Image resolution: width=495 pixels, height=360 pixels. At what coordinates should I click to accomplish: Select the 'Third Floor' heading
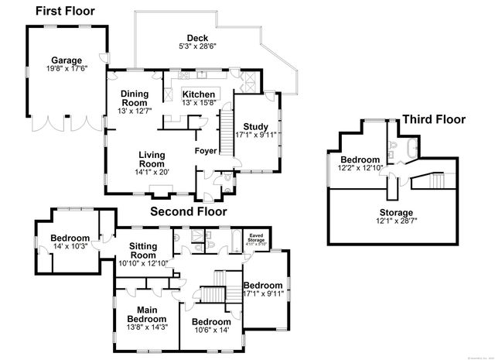click(433, 119)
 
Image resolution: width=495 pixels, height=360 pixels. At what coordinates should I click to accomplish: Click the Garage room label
click(67, 60)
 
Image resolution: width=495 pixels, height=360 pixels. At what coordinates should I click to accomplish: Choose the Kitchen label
click(198, 94)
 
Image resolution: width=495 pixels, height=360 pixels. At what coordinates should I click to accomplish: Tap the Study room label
click(255, 126)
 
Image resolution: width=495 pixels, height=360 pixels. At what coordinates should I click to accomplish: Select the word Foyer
click(205, 150)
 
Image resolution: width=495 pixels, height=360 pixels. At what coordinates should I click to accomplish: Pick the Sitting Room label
click(142, 250)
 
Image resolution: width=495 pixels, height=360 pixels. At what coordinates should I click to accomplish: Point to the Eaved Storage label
click(255, 237)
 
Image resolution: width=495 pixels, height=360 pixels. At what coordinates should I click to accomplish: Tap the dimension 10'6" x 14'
click(211, 331)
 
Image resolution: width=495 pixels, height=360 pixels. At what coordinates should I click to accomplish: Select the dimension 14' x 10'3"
click(70, 247)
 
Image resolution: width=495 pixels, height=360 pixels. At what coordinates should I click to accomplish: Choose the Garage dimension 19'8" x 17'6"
click(67, 69)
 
